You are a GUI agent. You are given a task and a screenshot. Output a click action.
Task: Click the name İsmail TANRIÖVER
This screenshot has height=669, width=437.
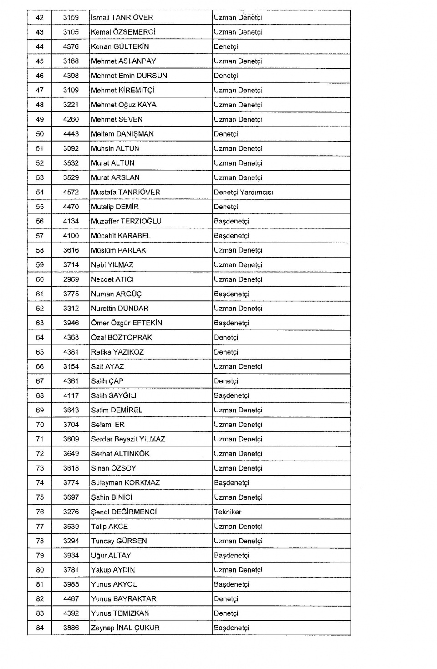point(122,18)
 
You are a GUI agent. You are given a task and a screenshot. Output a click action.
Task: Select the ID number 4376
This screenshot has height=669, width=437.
point(71,47)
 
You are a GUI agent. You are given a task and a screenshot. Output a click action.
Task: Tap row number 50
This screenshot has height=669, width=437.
point(40,134)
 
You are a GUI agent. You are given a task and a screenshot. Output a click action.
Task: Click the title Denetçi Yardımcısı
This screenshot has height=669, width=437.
point(244,193)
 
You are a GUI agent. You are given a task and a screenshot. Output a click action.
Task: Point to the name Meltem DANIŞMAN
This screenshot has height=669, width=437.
point(122,134)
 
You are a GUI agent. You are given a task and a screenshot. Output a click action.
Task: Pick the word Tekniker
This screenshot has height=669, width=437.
point(228,512)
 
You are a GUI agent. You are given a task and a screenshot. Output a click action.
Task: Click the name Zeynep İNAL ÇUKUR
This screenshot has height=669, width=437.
point(125,628)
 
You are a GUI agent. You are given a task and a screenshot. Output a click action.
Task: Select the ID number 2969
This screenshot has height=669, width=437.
point(71,279)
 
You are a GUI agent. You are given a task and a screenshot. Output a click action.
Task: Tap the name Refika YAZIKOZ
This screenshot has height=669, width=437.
point(117,352)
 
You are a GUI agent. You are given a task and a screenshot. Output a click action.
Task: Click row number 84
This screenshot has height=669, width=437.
point(40,628)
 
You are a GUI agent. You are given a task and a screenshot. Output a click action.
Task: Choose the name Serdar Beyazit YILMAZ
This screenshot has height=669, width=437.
point(128,439)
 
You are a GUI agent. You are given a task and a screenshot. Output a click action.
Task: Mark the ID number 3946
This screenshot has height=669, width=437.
point(71,323)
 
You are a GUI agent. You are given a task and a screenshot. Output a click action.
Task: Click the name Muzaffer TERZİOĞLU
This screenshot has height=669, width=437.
point(126,222)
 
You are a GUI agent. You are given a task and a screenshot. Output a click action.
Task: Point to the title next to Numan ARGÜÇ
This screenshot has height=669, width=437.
point(232,294)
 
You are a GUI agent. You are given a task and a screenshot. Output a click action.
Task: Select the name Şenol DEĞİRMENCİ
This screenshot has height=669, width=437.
point(124,512)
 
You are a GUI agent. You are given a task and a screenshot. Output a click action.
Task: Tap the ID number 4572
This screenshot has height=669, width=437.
point(71,193)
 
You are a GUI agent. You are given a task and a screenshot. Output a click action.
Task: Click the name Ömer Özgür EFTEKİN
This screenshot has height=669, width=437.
point(127,323)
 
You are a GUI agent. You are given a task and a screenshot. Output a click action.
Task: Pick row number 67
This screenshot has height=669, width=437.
point(40,381)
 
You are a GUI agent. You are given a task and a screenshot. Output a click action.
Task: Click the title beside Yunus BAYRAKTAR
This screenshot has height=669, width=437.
point(226,599)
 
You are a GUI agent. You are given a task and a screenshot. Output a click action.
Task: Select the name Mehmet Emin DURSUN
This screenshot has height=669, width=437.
point(129,76)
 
